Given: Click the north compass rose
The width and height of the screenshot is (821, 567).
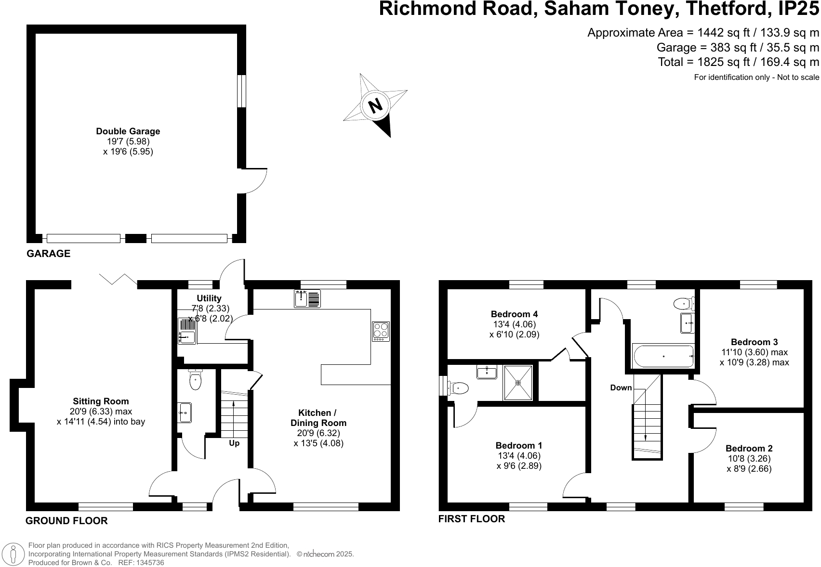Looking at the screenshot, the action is click(x=375, y=105).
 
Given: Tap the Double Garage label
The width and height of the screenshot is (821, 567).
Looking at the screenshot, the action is click(x=128, y=131).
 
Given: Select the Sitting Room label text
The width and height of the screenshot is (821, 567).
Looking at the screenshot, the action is click(x=101, y=401).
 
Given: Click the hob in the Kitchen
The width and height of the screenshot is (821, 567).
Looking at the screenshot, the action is click(x=381, y=331).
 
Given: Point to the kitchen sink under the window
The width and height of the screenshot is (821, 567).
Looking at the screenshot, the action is click(x=307, y=299).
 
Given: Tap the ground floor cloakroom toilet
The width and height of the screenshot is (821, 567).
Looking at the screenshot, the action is click(x=195, y=380).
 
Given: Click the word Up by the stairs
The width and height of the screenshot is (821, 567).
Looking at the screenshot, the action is click(x=234, y=443).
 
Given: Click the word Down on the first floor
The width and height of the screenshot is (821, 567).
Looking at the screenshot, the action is click(x=621, y=388).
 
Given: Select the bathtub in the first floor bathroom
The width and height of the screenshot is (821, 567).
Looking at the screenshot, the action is click(x=663, y=356).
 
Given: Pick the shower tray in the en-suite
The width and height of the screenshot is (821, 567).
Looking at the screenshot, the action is click(x=518, y=383).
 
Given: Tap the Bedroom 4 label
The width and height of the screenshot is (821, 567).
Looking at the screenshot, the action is click(x=514, y=314).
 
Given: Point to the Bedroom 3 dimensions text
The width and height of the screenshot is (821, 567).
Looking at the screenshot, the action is click(x=754, y=357).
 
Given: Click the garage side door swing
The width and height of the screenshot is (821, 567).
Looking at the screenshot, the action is click(x=254, y=181).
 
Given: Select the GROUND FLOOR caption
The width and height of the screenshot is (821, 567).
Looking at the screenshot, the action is click(x=66, y=521).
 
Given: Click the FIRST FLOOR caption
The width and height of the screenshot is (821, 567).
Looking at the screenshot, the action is click(x=471, y=519).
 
